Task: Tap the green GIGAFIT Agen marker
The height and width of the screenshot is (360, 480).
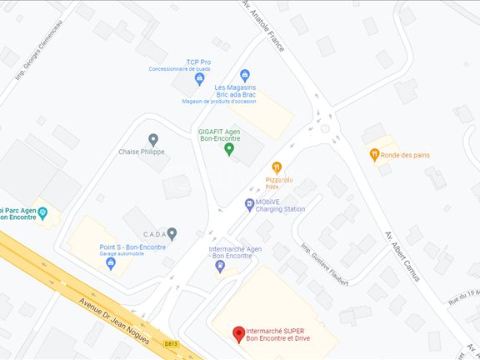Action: [x=229, y=149]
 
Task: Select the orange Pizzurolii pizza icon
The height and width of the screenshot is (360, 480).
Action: [x=277, y=167]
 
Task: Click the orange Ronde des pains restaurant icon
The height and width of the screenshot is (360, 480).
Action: [x=375, y=154]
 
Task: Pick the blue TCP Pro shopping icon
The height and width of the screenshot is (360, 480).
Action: [x=199, y=79]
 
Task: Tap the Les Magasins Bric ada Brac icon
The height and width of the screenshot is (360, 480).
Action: [x=244, y=76]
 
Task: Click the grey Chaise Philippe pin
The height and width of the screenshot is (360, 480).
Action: [x=152, y=139]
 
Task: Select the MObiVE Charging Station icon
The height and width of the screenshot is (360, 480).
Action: [x=249, y=204]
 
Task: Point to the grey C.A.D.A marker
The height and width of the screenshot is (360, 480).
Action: [x=172, y=234]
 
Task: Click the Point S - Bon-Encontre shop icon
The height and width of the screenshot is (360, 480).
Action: [x=110, y=263]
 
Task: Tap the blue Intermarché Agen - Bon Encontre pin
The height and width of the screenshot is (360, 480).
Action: [x=220, y=267]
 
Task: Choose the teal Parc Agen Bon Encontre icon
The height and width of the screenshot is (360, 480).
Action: [x=43, y=214]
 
